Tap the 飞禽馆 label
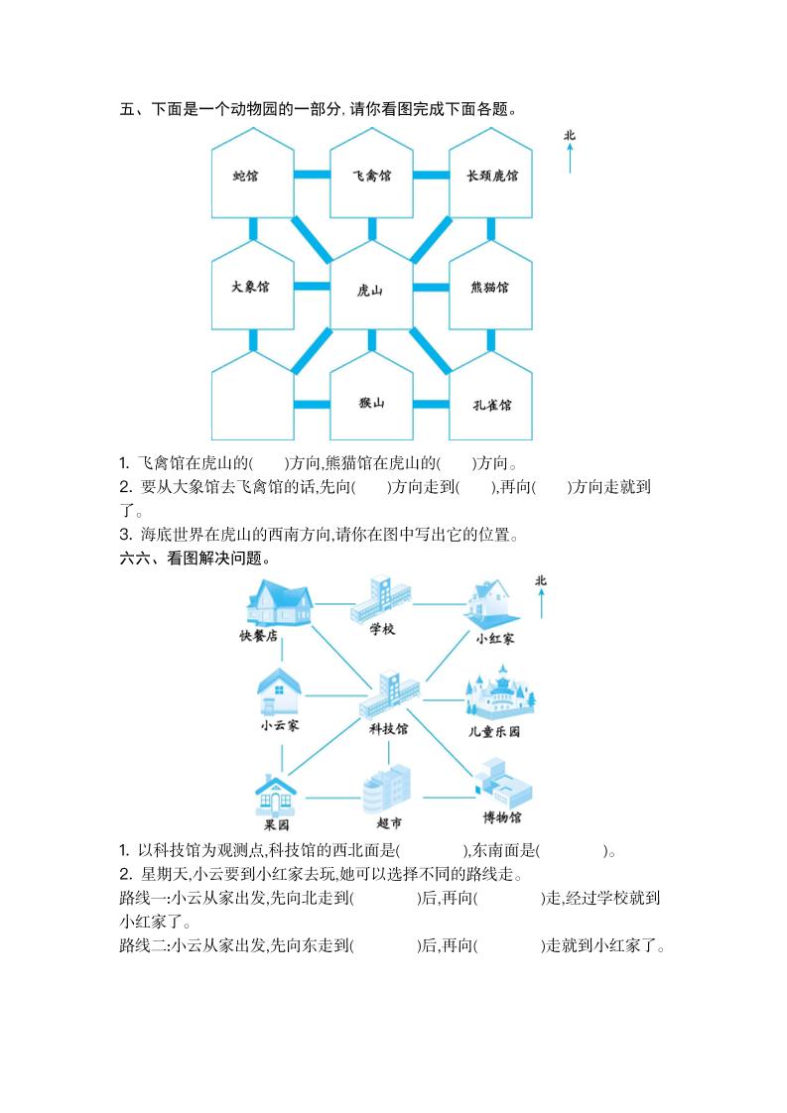pyautogui.click(x=371, y=176)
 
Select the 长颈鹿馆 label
pyautogui.click(x=492, y=176)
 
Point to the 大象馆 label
pyautogui.click(x=250, y=287)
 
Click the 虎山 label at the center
pyautogui.click(x=370, y=291)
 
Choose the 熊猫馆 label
pyautogui.click(x=490, y=288)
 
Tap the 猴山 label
pyautogui.click(x=371, y=402)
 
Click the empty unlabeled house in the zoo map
pyautogui.click(x=252, y=397)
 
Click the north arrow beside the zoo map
pyautogui.click(x=570, y=156)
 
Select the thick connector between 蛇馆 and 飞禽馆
pyautogui.click(x=312, y=175)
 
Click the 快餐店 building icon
pyautogui.click(x=279, y=602)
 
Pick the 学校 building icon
pyautogui.click(x=381, y=599)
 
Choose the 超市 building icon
pyautogui.click(x=386, y=789)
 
